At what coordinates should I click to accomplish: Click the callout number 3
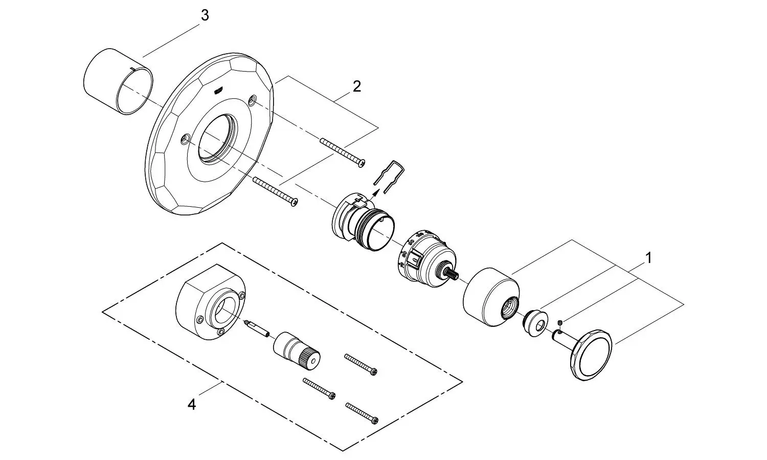click(x=205, y=16)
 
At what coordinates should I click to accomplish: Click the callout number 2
click(x=356, y=86)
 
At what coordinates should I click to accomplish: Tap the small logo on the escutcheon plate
click(x=218, y=91)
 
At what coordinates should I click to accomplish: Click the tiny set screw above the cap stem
click(x=560, y=322)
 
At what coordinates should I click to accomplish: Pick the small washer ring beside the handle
click(x=535, y=322)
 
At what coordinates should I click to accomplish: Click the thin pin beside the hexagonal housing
click(x=258, y=328)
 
